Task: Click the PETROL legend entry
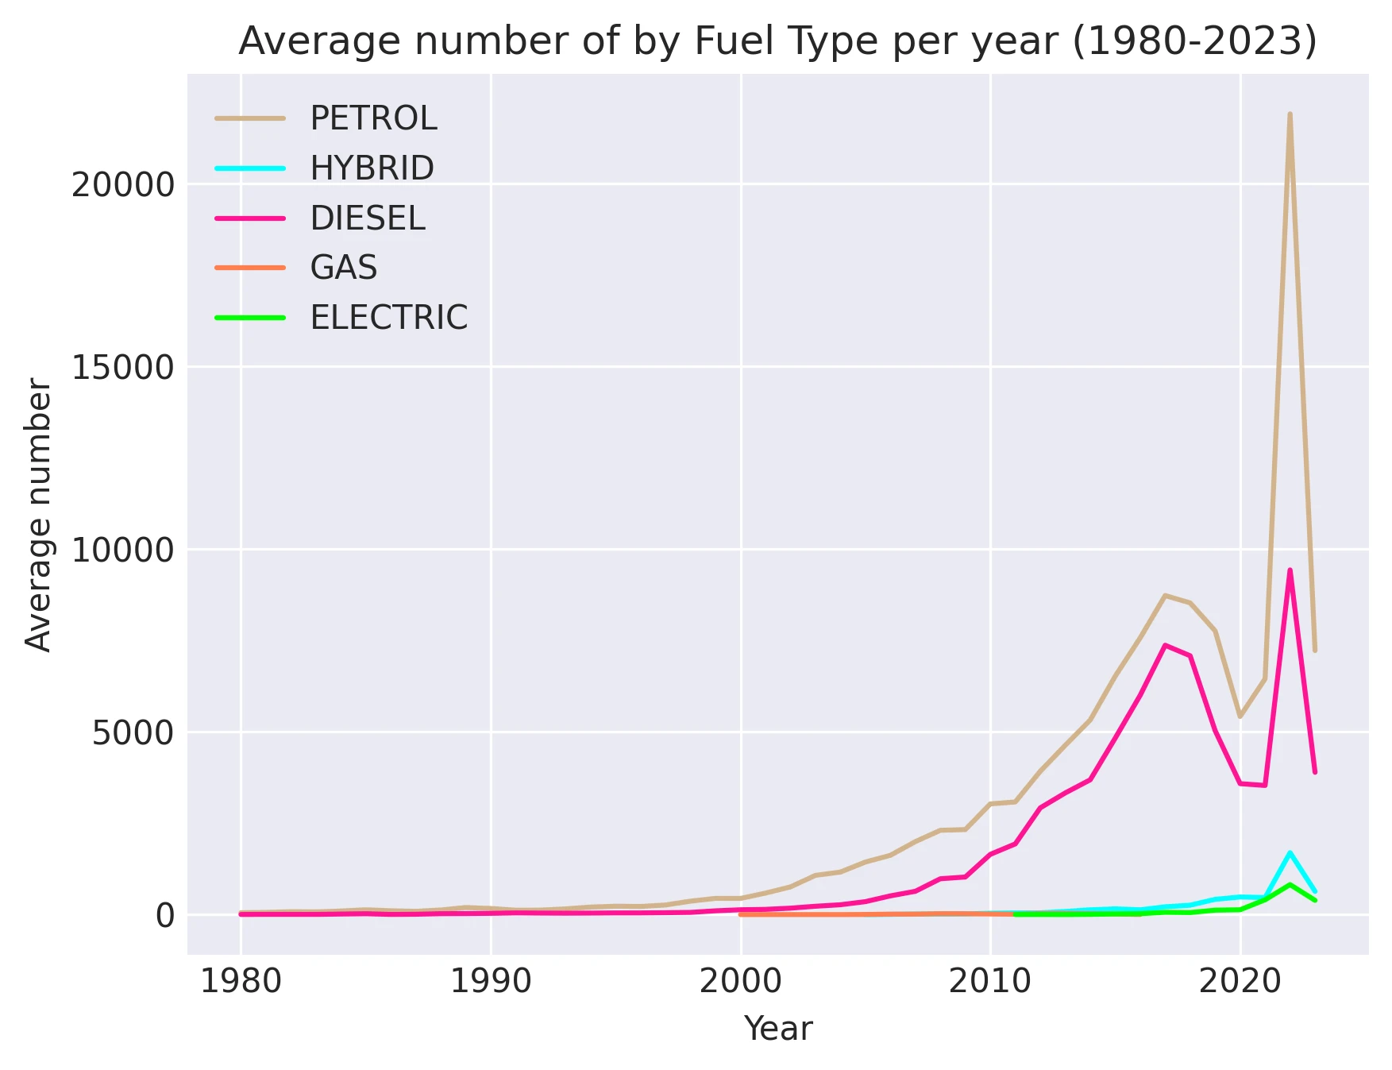(x=373, y=118)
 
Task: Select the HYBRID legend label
(x=372, y=168)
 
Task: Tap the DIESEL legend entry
(x=368, y=218)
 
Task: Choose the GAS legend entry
(x=343, y=268)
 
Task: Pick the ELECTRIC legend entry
(x=388, y=318)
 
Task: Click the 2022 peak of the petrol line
(x=1290, y=114)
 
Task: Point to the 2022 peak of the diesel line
(x=1290, y=570)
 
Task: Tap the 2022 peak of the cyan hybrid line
(x=1290, y=852)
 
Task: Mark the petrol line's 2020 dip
(x=1240, y=717)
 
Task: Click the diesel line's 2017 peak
(x=1165, y=645)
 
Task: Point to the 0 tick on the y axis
(x=164, y=915)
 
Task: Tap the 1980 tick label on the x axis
(x=241, y=983)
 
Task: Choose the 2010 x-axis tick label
(x=990, y=983)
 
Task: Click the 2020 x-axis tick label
(x=1240, y=983)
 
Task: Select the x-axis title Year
(x=777, y=1029)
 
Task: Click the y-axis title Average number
(x=38, y=514)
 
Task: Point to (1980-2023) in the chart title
(x=1194, y=41)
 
